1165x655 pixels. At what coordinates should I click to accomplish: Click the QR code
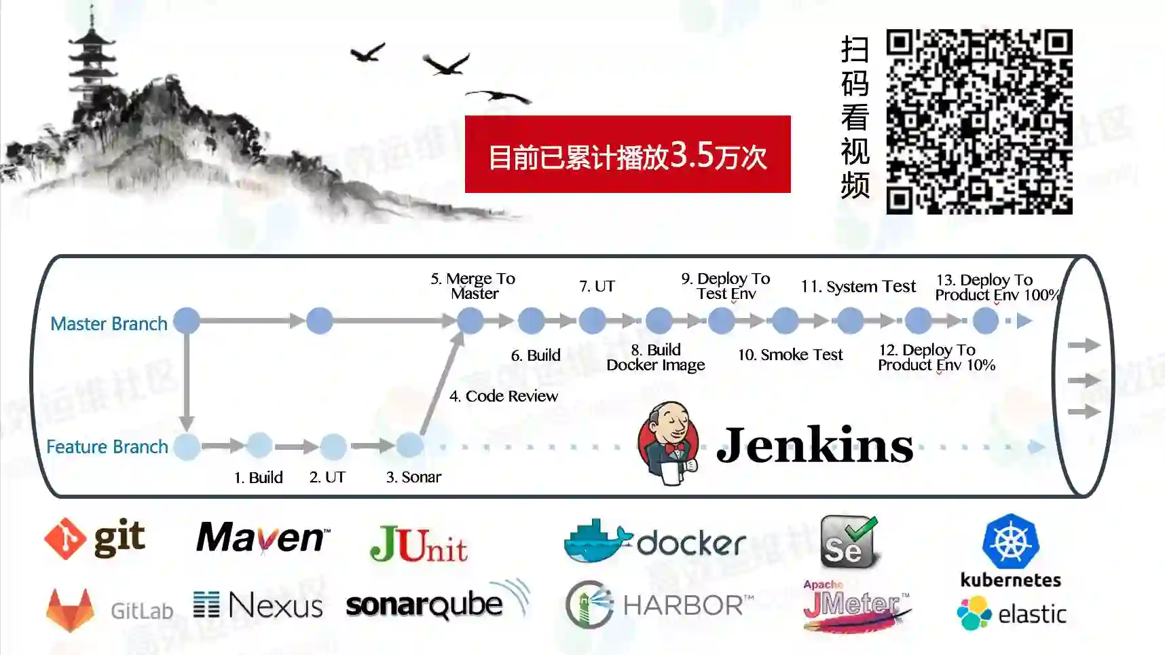[979, 122]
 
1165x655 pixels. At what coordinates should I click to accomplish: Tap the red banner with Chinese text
[627, 154]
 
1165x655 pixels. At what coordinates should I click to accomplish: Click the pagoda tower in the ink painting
[92, 61]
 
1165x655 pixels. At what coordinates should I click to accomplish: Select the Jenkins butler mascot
[668, 443]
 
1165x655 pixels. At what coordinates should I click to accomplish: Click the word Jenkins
[815, 446]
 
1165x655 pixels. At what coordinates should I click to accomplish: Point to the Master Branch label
[109, 323]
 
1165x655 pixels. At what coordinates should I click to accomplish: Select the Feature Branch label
[107, 446]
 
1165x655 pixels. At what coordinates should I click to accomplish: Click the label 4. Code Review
[503, 396]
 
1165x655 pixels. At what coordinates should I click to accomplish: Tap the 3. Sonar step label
[413, 477]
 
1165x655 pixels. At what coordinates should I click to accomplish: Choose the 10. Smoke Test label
[790, 355]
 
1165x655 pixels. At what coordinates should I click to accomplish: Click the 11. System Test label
[858, 287]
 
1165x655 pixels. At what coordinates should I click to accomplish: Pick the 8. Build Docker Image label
[656, 357]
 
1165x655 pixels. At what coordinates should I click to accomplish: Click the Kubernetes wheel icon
[1010, 542]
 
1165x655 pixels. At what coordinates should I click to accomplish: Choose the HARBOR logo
[659, 604]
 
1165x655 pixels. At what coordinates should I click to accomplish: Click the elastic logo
[1011, 613]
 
